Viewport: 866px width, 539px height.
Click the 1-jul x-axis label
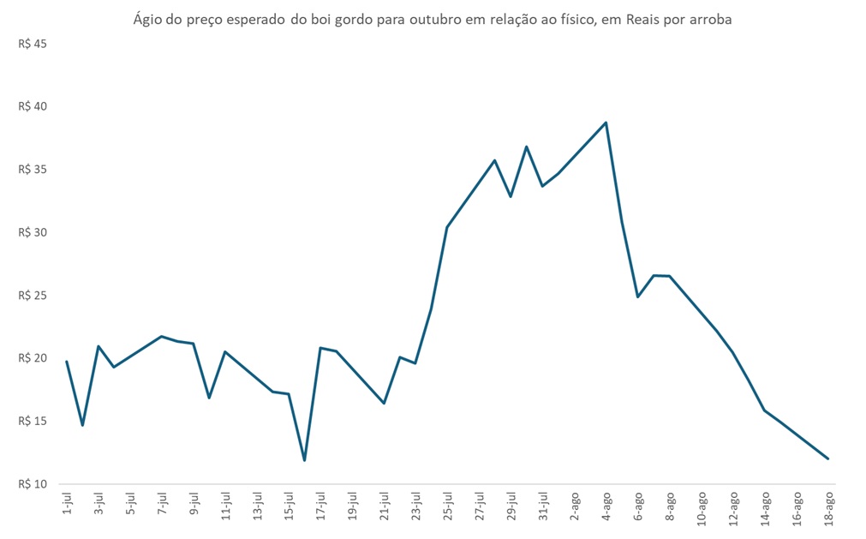point(67,504)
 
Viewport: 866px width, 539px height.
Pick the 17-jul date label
point(320,506)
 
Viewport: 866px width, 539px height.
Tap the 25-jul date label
point(447,506)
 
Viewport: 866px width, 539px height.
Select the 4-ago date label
point(606,506)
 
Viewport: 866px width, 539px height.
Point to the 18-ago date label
point(828,507)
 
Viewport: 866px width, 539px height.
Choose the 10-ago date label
point(702,507)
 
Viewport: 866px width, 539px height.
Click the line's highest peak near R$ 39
point(606,123)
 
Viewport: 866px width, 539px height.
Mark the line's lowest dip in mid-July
point(304,460)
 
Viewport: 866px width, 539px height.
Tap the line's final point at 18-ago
point(827,458)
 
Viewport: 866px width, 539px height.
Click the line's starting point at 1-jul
point(67,362)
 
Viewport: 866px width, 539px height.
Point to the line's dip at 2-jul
point(82,425)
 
